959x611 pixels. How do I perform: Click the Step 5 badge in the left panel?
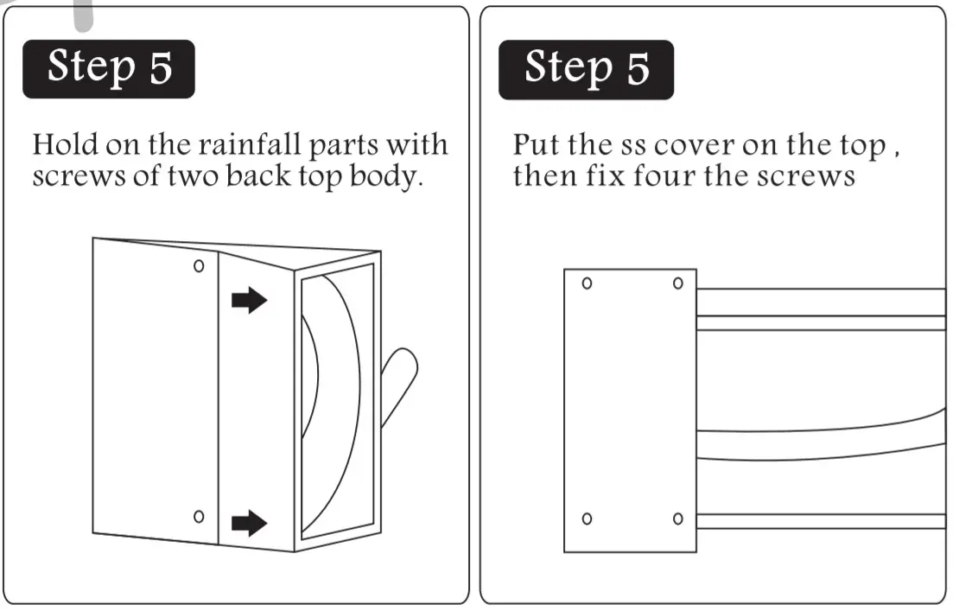click(x=109, y=68)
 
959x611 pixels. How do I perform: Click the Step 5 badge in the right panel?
click(x=586, y=68)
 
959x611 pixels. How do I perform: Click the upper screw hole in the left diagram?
click(x=199, y=266)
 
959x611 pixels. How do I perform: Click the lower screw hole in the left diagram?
click(x=199, y=517)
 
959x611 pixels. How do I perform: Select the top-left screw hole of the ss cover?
click(x=587, y=283)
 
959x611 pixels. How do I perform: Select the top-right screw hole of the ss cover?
click(x=678, y=283)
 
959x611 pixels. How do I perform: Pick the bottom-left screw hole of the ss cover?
click(x=587, y=519)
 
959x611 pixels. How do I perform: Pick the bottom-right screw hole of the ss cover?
click(x=678, y=519)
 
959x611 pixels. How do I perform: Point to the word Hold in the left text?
click(x=61, y=144)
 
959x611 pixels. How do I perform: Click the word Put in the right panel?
click(x=536, y=144)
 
